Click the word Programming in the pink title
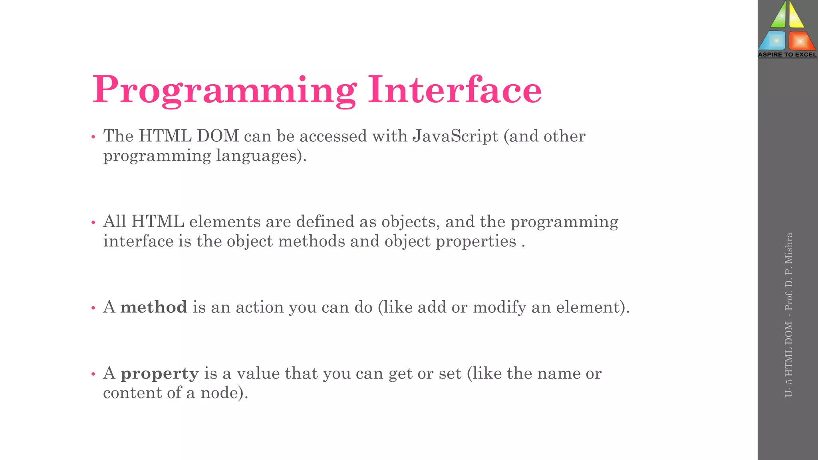(x=224, y=90)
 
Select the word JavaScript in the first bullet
(x=455, y=136)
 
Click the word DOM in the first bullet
(x=218, y=136)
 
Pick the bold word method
(x=154, y=307)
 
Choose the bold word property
(x=160, y=374)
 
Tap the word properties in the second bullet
(x=476, y=242)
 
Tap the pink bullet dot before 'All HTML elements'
(x=93, y=222)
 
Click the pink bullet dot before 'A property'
(x=93, y=374)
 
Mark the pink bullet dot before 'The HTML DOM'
(x=93, y=137)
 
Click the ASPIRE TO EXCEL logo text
(x=787, y=55)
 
